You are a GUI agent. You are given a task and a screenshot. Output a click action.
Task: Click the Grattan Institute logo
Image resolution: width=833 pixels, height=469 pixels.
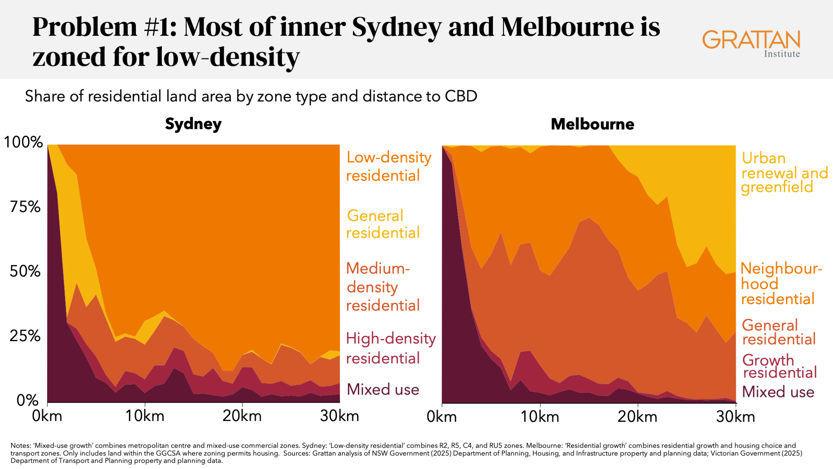coord(751,43)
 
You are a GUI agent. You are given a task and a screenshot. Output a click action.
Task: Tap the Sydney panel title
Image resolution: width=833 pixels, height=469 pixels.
coord(193,124)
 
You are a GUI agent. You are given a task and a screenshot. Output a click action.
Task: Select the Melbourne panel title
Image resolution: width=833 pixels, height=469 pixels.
coord(592,124)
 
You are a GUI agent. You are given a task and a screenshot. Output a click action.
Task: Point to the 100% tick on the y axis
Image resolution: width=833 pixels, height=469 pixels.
coord(23,142)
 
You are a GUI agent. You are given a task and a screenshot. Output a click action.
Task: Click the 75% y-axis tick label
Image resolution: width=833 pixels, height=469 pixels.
coord(25,207)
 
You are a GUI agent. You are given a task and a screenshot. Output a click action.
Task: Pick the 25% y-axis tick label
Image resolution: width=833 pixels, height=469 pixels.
coord(25,336)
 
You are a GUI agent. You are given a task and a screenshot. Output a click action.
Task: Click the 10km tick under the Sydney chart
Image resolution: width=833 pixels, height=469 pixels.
coord(145,416)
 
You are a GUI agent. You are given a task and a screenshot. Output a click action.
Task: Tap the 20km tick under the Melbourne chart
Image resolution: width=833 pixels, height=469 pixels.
coord(637,417)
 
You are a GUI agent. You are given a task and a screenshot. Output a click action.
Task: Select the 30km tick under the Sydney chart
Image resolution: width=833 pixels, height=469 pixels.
coord(339,416)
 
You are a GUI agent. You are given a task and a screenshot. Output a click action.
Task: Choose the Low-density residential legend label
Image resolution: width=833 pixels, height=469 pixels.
coord(388,166)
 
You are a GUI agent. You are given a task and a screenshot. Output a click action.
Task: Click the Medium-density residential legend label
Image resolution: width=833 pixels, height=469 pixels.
coord(382,287)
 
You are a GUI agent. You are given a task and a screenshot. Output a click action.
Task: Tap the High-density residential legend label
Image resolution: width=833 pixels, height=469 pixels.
coord(390,348)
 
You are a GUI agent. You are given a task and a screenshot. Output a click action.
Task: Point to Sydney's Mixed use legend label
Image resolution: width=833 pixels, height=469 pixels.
coord(383,390)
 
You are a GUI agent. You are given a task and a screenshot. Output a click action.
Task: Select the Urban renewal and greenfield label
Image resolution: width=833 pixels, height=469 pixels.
coord(784,173)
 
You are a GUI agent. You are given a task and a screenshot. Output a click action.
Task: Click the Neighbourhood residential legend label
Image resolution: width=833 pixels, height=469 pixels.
coord(781,283)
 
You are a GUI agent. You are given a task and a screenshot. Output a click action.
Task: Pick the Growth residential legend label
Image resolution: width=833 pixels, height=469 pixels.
coord(779,366)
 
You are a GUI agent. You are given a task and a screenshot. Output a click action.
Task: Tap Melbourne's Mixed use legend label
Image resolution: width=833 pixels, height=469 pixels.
coord(778,392)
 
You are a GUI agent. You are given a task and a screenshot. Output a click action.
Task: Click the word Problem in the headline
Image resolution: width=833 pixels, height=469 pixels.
coord(85,28)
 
